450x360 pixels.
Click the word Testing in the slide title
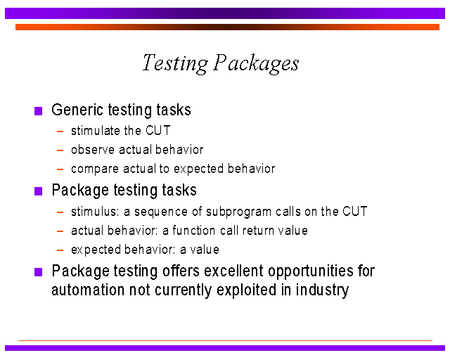coord(175,63)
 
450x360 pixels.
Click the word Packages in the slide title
coord(256,63)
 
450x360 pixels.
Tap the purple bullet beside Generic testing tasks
coord(39,111)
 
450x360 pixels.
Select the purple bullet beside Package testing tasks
coord(39,191)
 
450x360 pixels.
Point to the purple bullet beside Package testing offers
coord(39,272)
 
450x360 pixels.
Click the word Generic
coord(77,110)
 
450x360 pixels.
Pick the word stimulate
coord(96,131)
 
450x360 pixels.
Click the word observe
coord(93,150)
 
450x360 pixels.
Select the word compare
coord(95,169)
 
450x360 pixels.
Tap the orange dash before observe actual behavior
coord(60,150)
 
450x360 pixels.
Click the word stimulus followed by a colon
coord(95,212)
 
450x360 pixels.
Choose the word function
coord(194,231)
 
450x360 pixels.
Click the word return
coord(257,231)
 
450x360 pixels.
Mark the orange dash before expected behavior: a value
coord(60,250)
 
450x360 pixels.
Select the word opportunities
coord(311,271)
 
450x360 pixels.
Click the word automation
coord(88,290)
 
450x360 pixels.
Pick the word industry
coord(322,290)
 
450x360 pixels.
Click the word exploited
coord(247,290)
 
